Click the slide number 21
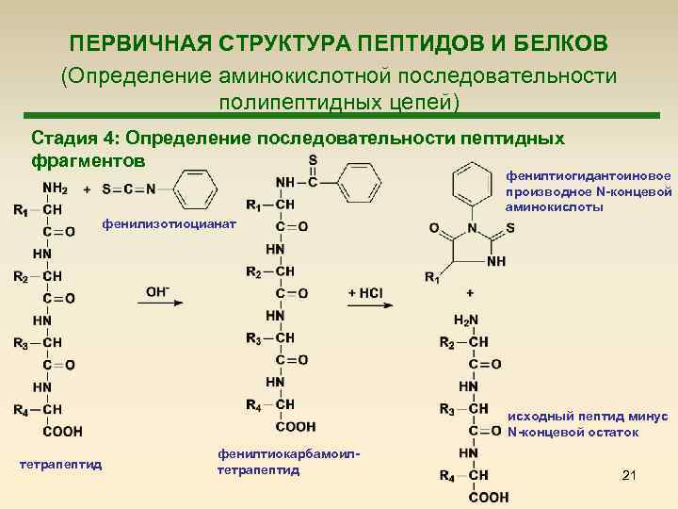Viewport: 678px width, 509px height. (x=630, y=477)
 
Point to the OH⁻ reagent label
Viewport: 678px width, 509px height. (x=157, y=292)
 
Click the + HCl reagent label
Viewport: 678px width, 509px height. (x=364, y=292)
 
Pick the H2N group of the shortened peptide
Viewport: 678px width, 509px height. (x=465, y=320)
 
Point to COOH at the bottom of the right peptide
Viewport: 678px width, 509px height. (x=489, y=497)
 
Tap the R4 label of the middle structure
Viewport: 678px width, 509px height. (x=252, y=405)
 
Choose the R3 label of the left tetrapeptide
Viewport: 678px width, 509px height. (x=21, y=342)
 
